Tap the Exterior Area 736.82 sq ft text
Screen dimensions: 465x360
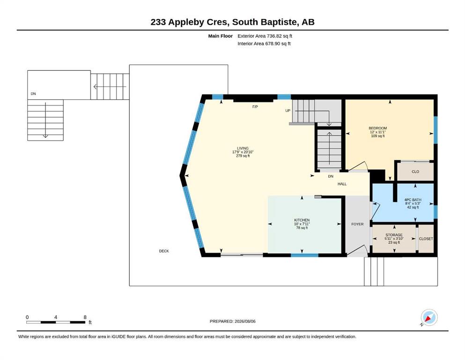[265, 36]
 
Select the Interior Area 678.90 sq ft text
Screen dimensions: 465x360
[264, 44]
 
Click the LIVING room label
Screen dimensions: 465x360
[243, 148]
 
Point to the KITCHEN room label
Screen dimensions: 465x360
[302, 220]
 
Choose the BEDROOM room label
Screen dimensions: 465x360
[378, 128]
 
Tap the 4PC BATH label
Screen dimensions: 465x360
[413, 200]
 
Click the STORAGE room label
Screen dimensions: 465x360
[394, 235]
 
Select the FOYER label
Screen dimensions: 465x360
[357, 224]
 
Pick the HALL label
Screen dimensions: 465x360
[342, 184]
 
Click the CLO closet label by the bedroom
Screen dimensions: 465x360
[415, 172]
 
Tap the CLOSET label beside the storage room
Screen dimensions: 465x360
[426, 239]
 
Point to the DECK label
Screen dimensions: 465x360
[164, 251]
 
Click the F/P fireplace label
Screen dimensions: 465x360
[255, 107]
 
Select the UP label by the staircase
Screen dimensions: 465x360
[288, 111]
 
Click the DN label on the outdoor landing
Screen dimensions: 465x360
[33, 94]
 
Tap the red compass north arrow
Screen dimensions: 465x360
[428, 318]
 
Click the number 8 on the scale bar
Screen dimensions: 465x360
[85, 317]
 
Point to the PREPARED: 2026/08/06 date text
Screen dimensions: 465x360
[232, 321]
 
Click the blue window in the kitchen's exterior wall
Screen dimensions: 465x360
[304, 255]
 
